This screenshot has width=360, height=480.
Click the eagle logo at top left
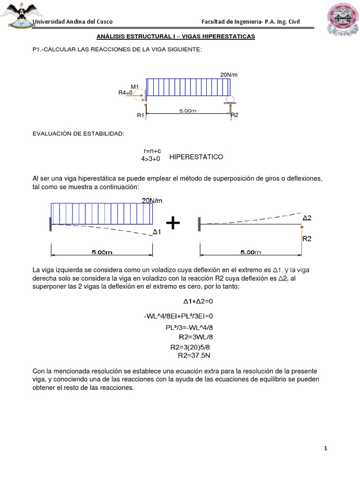click(19, 13)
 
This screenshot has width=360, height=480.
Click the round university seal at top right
click(341, 18)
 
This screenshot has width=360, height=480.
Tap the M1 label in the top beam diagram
click(135, 87)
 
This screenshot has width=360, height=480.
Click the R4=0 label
click(126, 93)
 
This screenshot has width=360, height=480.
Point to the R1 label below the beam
click(140, 115)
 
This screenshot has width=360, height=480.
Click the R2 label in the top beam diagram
click(235, 115)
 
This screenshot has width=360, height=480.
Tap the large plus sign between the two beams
click(173, 223)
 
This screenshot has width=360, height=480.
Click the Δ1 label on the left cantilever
click(157, 232)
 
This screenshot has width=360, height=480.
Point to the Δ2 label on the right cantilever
click(307, 218)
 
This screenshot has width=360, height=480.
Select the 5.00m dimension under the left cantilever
click(102, 252)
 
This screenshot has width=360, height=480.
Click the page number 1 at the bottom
click(326, 449)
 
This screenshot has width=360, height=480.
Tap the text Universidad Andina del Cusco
click(72, 22)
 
